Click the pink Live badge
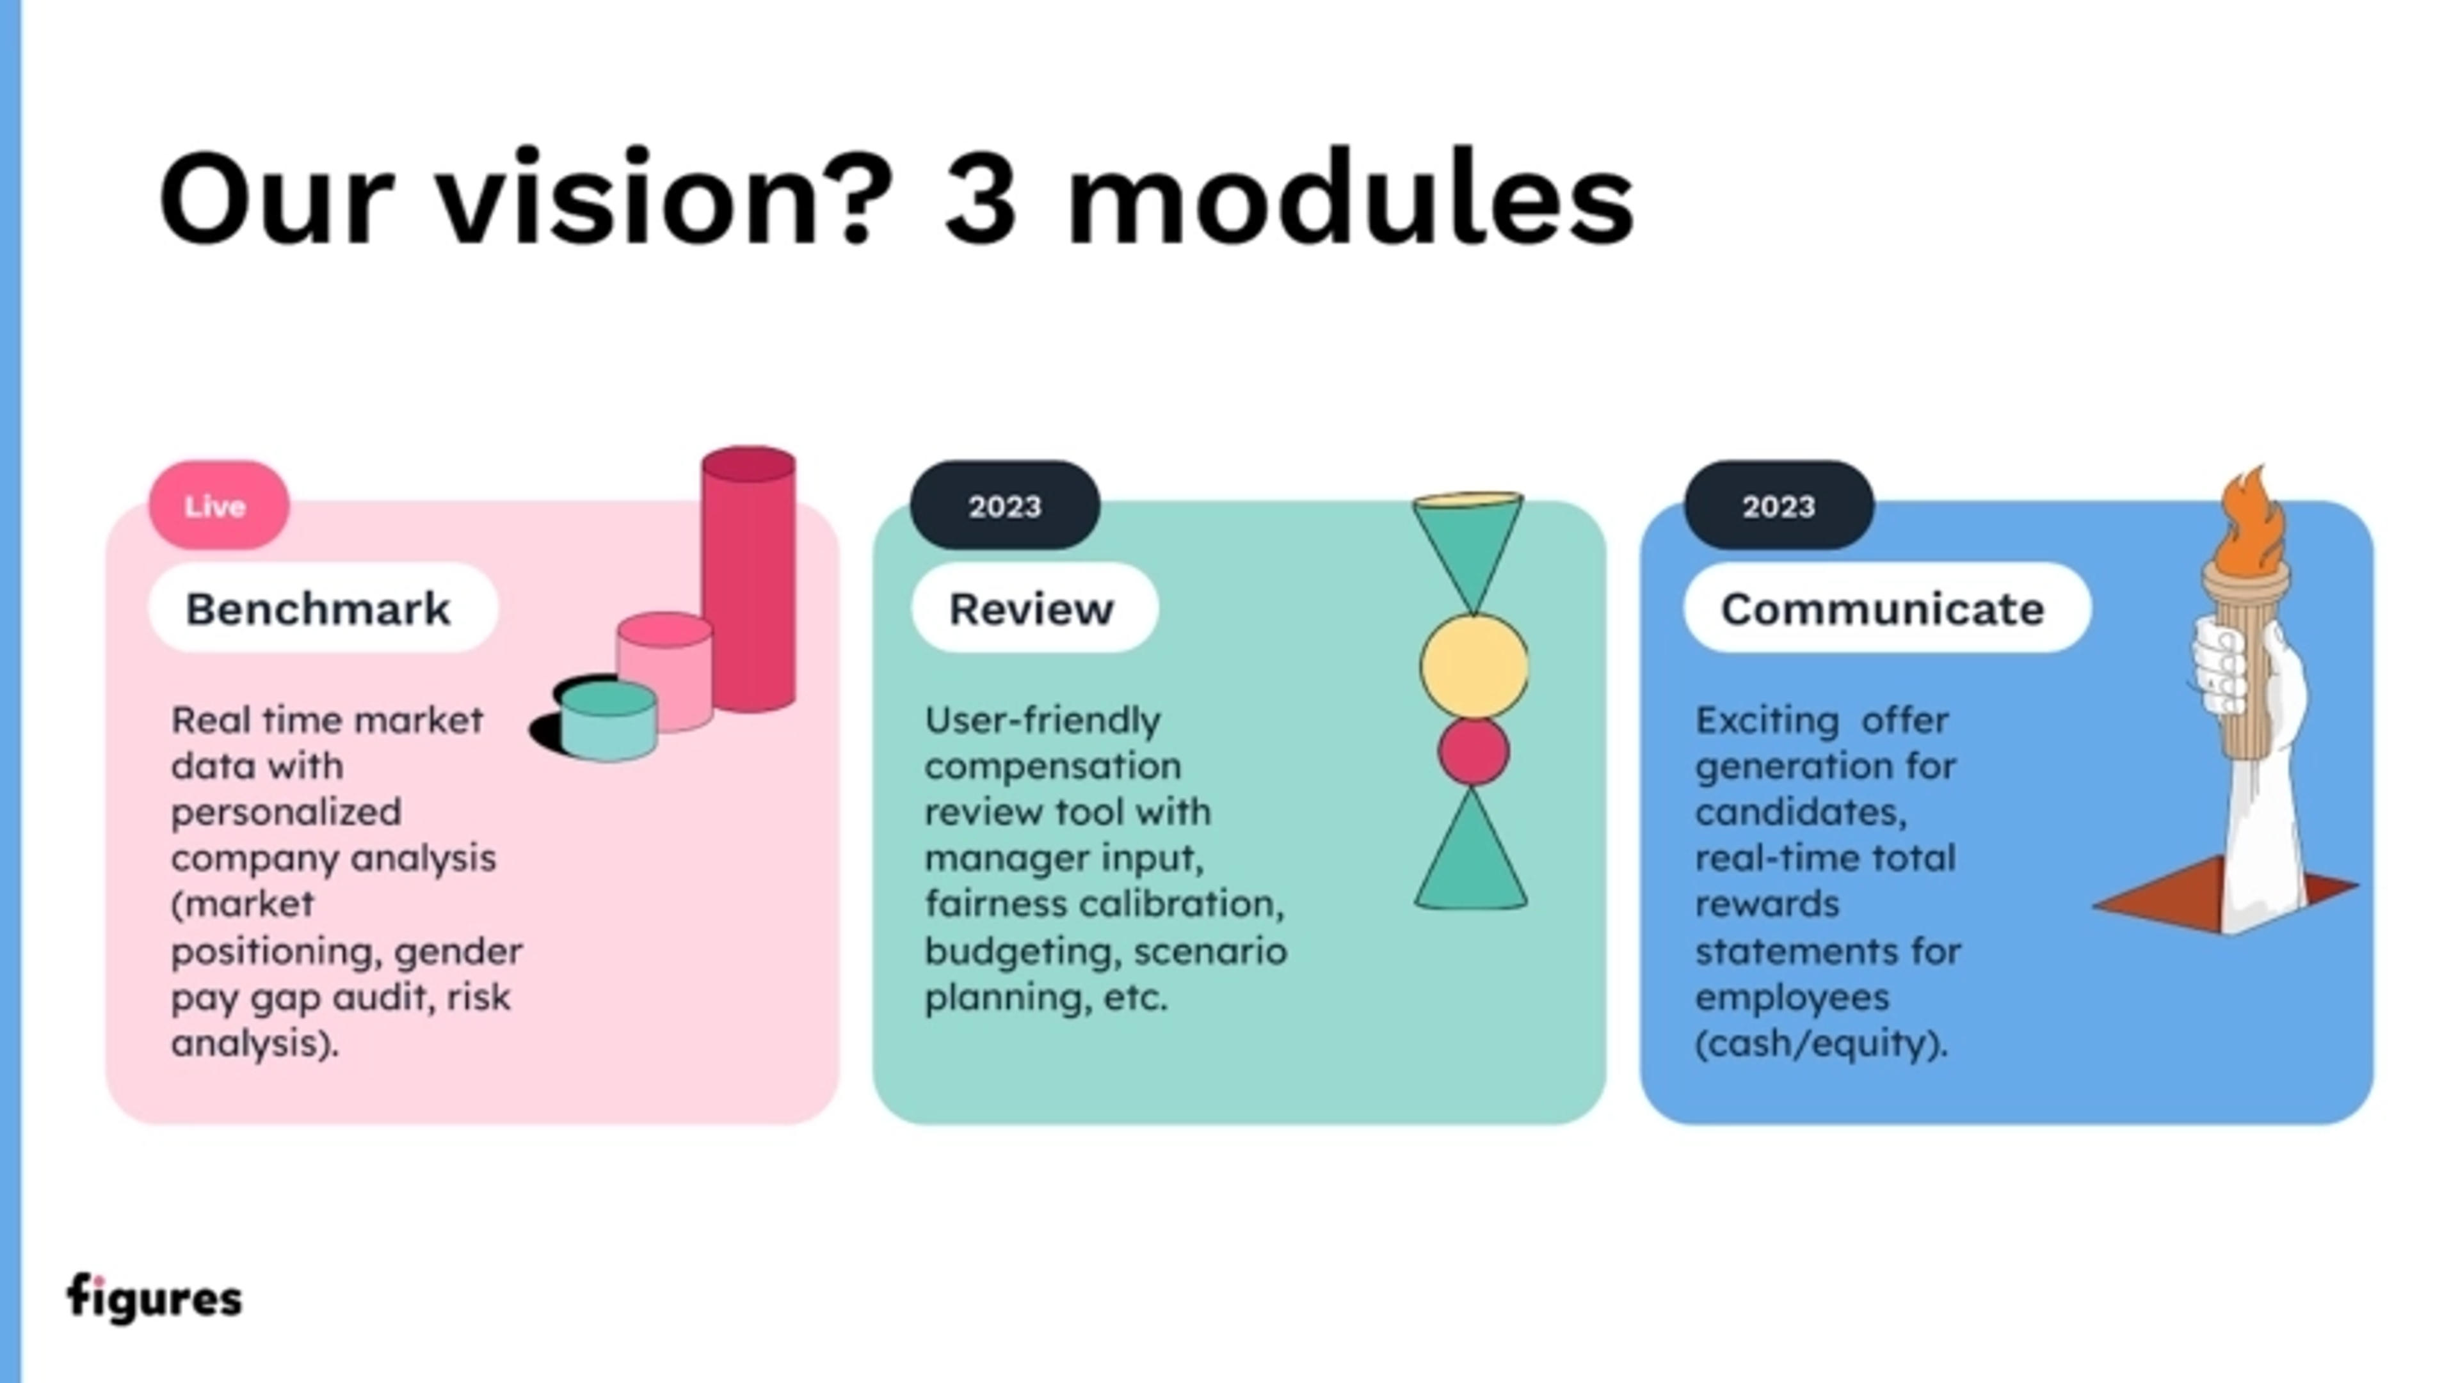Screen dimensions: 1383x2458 tap(218, 505)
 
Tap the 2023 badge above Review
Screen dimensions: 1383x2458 tap(1005, 505)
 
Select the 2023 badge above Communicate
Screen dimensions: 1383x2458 tap(1779, 505)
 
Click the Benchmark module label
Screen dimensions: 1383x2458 tap(317, 608)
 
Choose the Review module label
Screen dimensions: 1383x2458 tap(1031, 608)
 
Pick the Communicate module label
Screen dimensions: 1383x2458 tap(1883, 608)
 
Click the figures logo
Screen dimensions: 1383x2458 tap(154, 1297)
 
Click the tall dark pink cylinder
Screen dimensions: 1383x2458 tap(749, 582)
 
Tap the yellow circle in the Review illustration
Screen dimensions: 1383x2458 tap(1474, 666)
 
